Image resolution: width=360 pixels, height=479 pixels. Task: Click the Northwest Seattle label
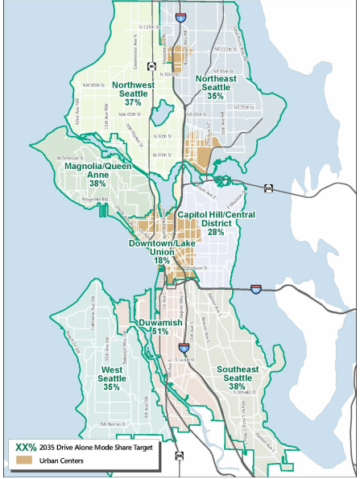pos(133,89)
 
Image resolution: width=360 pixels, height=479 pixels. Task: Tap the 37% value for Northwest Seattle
pos(133,102)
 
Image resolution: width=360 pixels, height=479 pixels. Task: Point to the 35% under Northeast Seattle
pos(215,96)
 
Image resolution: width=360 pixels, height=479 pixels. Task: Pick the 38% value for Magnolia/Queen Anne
pos(99,184)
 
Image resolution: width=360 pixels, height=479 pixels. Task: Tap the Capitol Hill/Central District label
pos(215,218)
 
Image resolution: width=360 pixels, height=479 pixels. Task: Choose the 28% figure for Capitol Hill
pos(215,232)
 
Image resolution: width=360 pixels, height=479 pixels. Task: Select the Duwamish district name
pos(159,322)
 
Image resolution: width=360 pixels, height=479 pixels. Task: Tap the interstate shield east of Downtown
pos(255,286)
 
